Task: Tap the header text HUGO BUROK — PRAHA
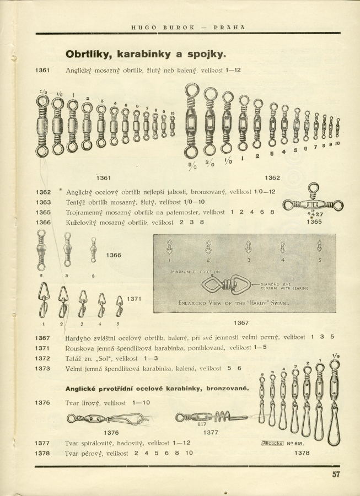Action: coord(188,26)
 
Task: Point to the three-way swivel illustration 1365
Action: coord(313,204)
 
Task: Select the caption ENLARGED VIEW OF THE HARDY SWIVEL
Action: coord(234,303)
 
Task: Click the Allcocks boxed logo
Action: coord(272,442)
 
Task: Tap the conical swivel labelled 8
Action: coord(93,250)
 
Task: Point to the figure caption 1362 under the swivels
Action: coord(272,177)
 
